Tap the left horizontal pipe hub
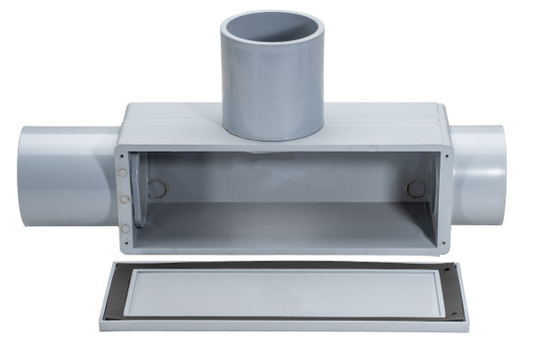[63, 176]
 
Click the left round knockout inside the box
[157, 190]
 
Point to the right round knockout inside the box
[416, 189]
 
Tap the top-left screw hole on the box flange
[126, 155]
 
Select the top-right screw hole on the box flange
[445, 155]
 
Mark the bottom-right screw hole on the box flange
[444, 242]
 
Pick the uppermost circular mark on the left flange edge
[122, 173]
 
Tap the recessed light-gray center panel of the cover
[281, 291]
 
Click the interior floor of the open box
[281, 226]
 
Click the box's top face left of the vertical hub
[172, 122]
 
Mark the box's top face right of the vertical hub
[380, 122]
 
